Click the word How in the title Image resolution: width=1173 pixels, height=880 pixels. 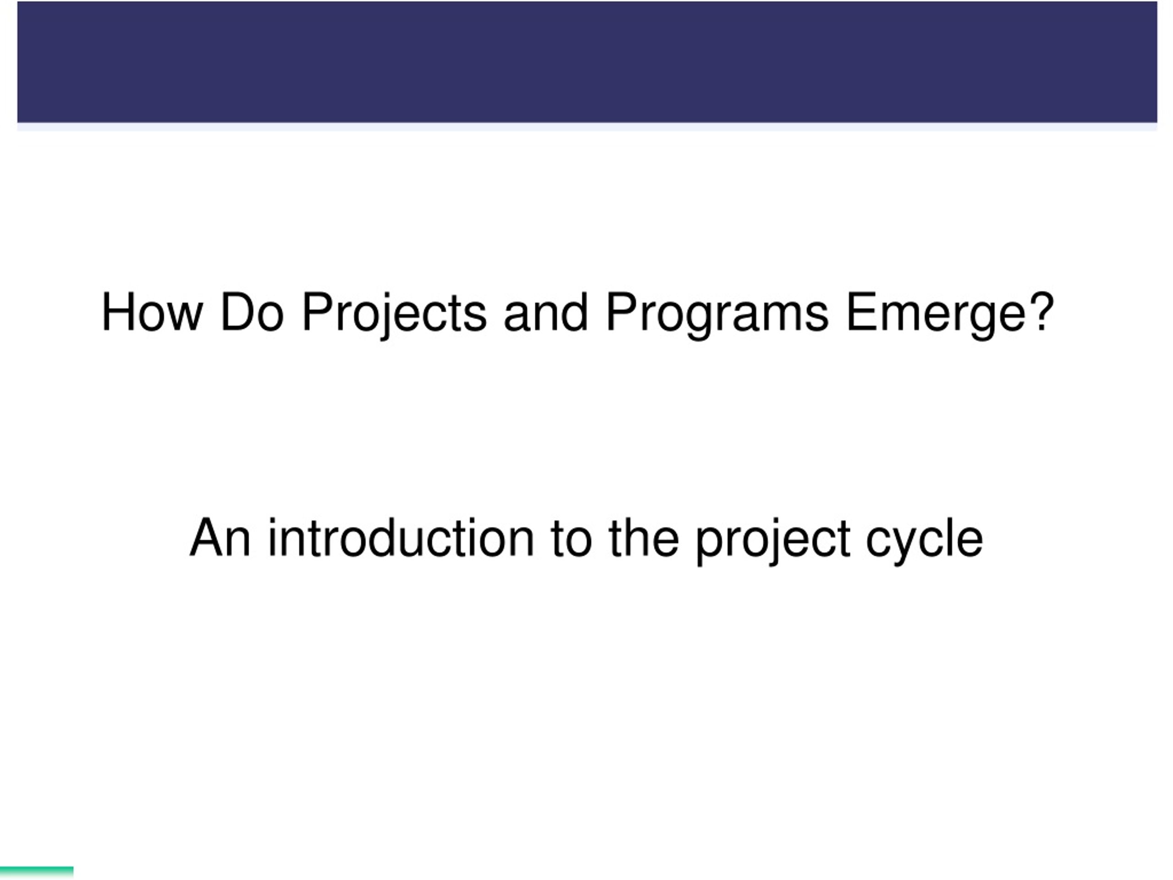pos(152,313)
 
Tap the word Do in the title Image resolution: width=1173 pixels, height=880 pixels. pos(252,313)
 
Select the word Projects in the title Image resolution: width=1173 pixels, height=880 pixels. pos(394,313)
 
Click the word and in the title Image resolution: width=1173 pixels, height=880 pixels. pos(546,313)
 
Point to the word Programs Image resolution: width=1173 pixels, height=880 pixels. pos(717,313)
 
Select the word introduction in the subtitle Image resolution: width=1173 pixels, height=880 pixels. pos(401,539)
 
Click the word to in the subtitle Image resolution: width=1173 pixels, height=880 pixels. pos(571,539)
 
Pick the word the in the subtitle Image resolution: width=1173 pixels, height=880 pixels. pos(644,539)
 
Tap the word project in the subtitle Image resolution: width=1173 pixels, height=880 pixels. pos(773,539)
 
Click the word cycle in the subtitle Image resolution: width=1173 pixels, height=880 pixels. pos(925,539)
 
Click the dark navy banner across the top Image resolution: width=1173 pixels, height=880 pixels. pos(586,61)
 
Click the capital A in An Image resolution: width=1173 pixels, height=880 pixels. pos(206,539)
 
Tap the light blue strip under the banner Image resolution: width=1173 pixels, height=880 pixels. pos(586,127)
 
